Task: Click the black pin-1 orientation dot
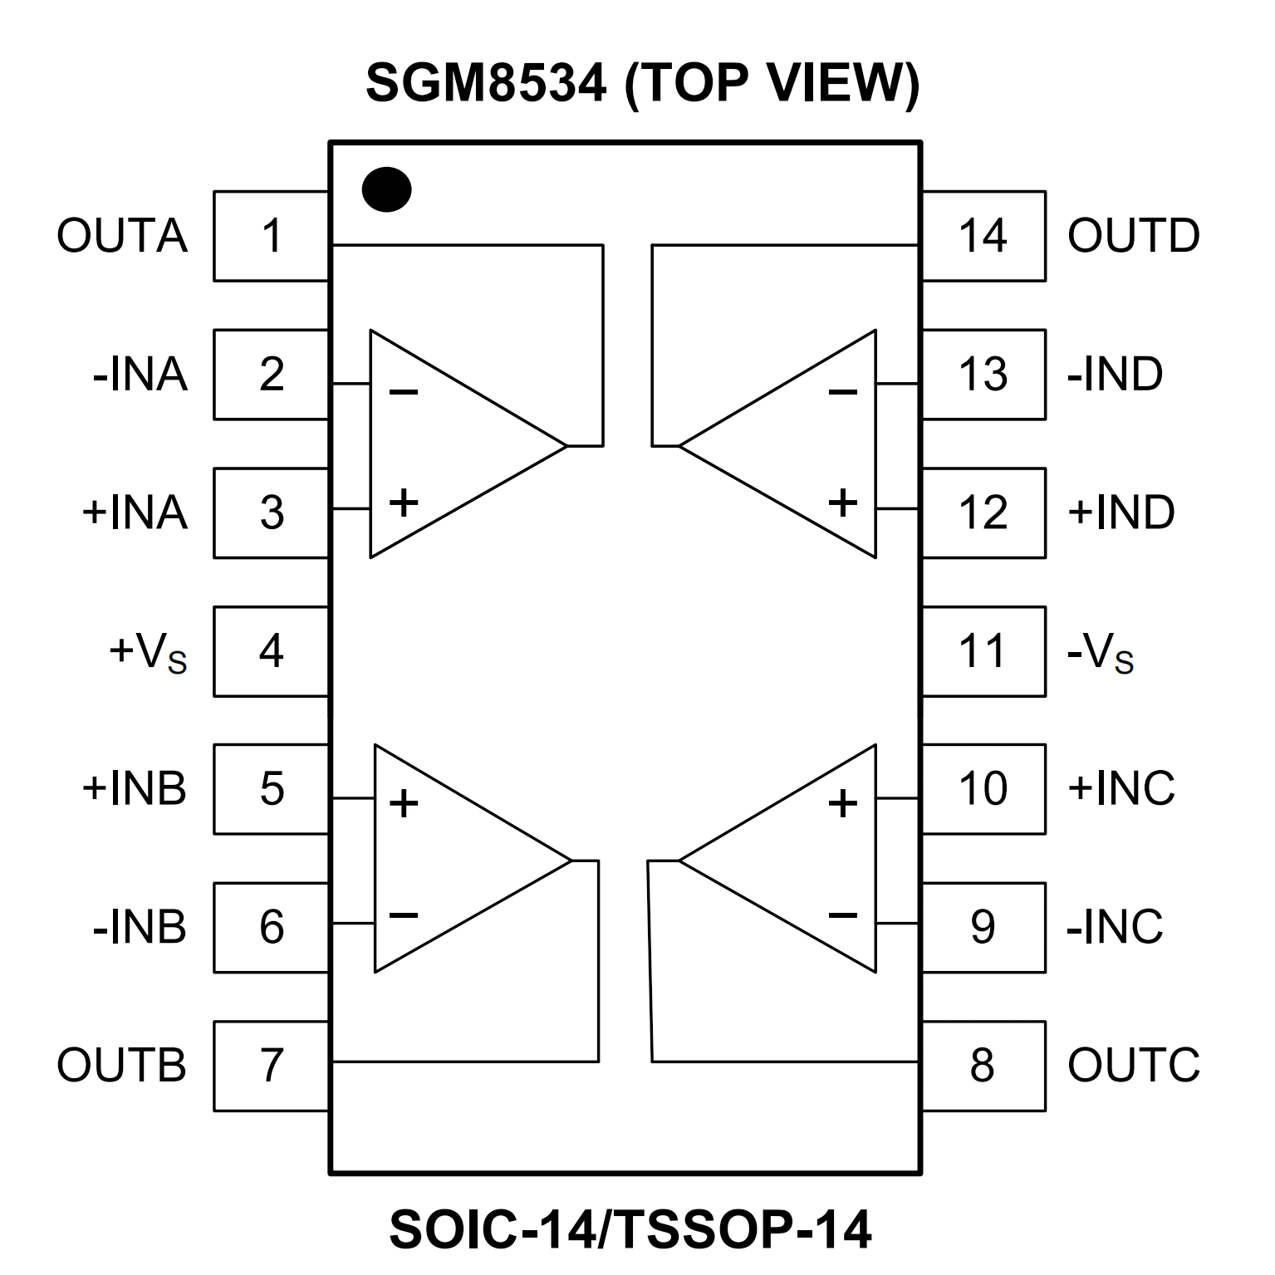(x=386, y=189)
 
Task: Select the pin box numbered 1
(x=272, y=236)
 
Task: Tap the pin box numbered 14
(x=983, y=236)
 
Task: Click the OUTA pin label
(x=122, y=236)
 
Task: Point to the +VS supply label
(x=148, y=653)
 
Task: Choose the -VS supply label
(x=1100, y=653)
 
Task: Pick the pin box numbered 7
(x=272, y=1066)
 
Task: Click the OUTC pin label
(x=1133, y=1066)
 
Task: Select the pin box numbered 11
(x=983, y=651)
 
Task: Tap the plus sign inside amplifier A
(x=404, y=503)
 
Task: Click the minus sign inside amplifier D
(x=842, y=392)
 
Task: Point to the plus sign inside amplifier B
(x=404, y=803)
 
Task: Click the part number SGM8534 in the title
(x=486, y=83)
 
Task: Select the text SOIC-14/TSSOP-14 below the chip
(x=630, y=1230)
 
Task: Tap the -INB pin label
(x=140, y=927)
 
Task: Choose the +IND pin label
(x=1121, y=512)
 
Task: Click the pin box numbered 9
(x=983, y=927)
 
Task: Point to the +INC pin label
(x=1121, y=788)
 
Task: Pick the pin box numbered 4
(x=272, y=651)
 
